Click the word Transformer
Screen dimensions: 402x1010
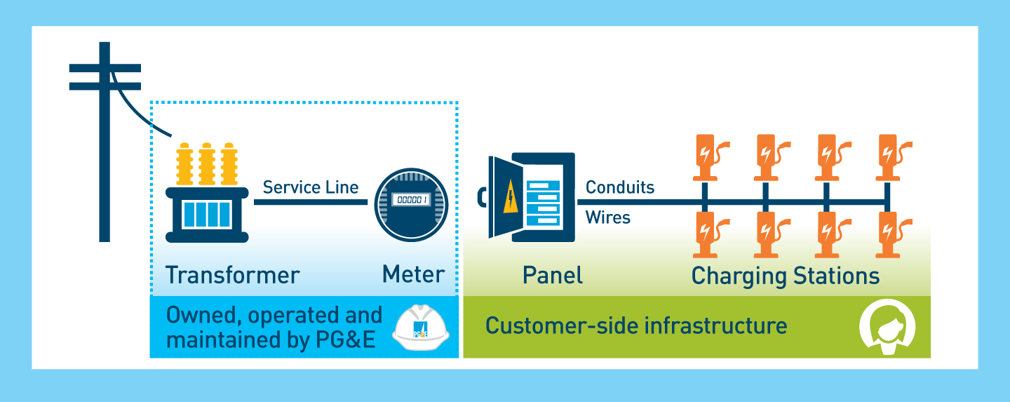point(232,274)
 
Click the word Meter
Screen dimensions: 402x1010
point(413,274)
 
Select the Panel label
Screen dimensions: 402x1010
point(553,274)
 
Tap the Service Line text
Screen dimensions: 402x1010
point(311,187)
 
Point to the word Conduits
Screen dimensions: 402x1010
point(620,187)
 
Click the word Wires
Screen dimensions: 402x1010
point(608,217)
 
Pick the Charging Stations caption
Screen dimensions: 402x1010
point(786,275)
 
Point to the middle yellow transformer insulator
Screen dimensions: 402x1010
point(207,164)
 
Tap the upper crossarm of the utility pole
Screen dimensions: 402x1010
point(105,68)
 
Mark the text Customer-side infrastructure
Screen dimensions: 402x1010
point(636,326)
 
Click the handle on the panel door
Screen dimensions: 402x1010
point(481,198)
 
